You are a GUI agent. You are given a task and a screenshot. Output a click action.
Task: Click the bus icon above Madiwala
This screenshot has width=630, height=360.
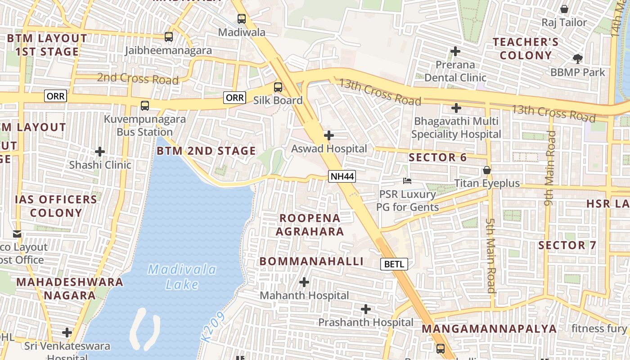pyautogui.click(x=242, y=19)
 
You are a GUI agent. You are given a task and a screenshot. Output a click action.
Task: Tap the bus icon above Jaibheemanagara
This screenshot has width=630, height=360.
pyautogui.click(x=168, y=37)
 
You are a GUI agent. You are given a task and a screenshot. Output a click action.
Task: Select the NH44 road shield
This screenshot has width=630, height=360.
pyautogui.click(x=342, y=176)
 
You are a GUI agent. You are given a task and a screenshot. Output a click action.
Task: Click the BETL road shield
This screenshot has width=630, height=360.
pyautogui.click(x=394, y=264)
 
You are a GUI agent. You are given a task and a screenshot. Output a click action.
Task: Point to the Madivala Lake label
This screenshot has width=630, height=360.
pyautogui.click(x=182, y=277)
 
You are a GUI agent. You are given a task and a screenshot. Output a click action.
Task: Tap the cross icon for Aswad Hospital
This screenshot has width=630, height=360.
pyautogui.click(x=329, y=135)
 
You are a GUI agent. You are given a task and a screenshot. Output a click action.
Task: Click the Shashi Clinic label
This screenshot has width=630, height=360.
pyautogui.click(x=100, y=165)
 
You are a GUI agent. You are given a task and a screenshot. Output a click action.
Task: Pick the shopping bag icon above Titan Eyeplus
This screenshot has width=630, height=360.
pyautogui.click(x=486, y=170)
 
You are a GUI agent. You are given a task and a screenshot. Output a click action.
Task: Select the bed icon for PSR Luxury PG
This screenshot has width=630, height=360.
pyautogui.click(x=407, y=181)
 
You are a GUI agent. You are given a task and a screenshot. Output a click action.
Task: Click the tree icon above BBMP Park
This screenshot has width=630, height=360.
pyautogui.click(x=577, y=58)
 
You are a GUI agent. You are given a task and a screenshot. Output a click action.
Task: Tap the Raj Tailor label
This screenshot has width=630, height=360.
pyautogui.click(x=564, y=22)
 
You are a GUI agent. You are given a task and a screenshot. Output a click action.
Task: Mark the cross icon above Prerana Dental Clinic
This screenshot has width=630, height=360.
pyautogui.click(x=455, y=51)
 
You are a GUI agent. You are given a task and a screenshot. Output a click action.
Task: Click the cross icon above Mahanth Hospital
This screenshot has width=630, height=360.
pyautogui.click(x=304, y=282)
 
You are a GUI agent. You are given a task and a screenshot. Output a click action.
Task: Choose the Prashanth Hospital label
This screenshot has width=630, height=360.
pyautogui.click(x=365, y=322)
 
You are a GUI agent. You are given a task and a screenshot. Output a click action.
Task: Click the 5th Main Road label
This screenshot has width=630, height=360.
pyautogui.click(x=491, y=256)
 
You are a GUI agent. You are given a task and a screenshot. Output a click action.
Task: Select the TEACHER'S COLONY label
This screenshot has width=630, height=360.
pyautogui.click(x=525, y=49)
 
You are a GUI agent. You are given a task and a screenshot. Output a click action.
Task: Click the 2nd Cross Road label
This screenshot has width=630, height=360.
pyautogui.click(x=138, y=79)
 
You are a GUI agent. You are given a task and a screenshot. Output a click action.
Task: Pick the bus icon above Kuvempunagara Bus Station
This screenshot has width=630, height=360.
pyautogui.click(x=144, y=106)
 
